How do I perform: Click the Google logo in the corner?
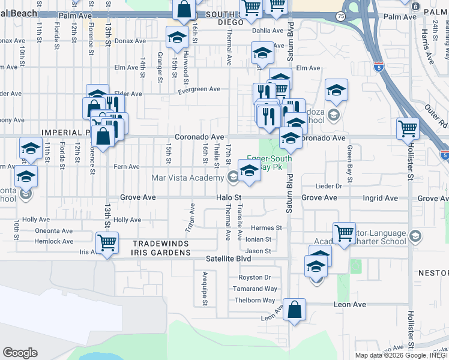tap(20, 353)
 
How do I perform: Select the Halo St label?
tap(229, 197)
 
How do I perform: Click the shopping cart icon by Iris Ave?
tap(107, 243)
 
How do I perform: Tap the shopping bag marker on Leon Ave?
tap(294, 310)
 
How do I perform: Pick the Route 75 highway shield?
tap(340, 17)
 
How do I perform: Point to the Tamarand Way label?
tap(255, 289)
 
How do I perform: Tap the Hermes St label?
tap(266, 228)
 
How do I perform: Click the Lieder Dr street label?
tap(329, 187)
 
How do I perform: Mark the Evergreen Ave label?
tap(199, 89)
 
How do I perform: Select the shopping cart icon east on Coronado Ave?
tap(408, 128)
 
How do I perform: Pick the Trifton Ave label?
tap(192, 217)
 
